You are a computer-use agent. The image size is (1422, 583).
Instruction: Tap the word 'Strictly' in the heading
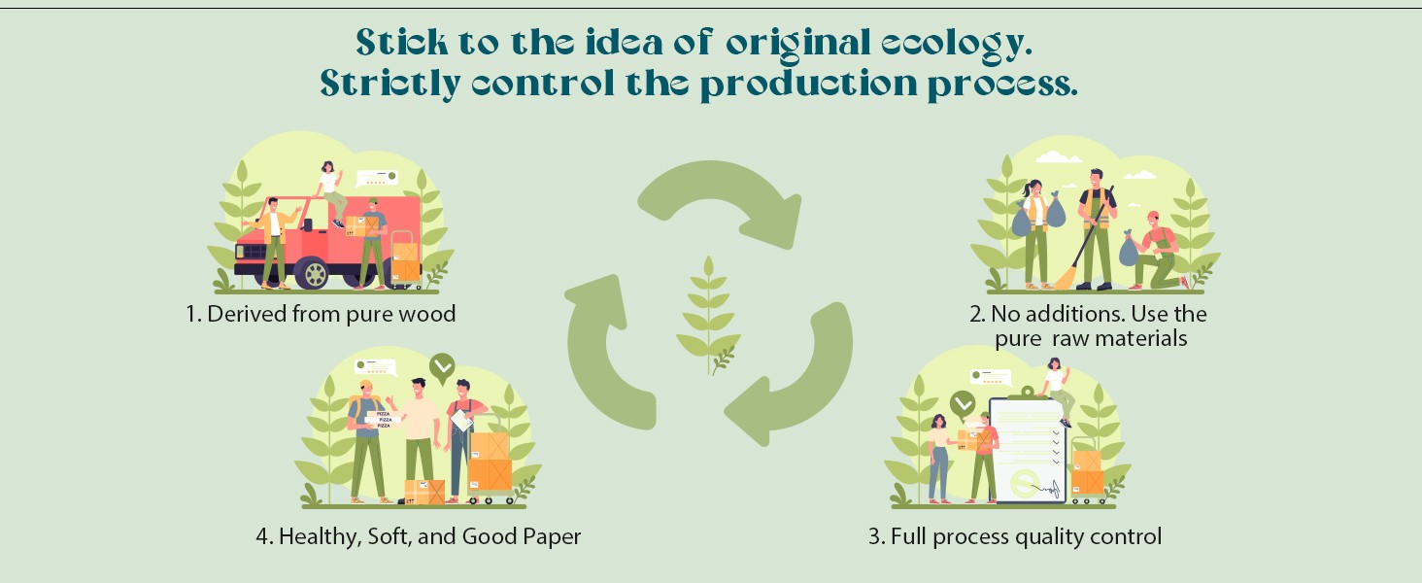[x=390, y=84]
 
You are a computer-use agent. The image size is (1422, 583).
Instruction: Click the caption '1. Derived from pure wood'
[x=321, y=314]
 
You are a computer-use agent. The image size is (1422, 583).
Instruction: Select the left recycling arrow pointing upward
[x=603, y=356]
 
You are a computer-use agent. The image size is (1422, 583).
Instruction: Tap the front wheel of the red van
[x=315, y=273]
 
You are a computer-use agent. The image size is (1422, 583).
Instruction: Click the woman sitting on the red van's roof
[x=332, y=193]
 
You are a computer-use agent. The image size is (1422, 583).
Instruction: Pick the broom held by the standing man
[x=1087, y=241]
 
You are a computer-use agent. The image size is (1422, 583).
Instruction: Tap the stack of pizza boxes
[x=384, y=419]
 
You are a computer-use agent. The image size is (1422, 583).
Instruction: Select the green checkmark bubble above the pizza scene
[x=442, y=367]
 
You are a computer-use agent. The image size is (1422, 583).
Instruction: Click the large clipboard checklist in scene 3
[x=1029, y=450]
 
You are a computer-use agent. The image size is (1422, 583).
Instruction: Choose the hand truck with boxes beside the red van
[x=405, y=259]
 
